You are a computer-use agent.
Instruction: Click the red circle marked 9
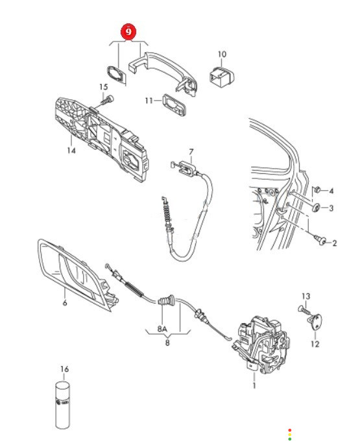[128, 32]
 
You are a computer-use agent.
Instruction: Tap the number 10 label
[222, 54]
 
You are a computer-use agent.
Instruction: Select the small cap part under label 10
[222, 75]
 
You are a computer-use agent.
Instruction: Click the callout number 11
[149, 101]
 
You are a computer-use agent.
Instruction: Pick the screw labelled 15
[108, 101]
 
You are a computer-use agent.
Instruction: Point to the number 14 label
[71, 150]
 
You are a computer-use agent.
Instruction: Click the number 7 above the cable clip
[191, 152]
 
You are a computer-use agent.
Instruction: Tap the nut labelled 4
[317, 189]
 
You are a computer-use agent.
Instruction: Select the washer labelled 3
[316, 208]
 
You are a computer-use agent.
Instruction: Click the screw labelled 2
[320, 241]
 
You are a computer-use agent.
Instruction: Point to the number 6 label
[65, 303]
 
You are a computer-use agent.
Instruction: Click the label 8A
[162, 329]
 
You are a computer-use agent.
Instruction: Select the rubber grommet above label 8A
[166, 300]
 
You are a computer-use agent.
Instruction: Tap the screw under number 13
[304, 310]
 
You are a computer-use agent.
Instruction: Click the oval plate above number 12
[315, 321]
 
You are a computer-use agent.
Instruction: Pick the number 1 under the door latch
[254, 386]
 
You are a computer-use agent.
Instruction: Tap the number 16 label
[64, 369]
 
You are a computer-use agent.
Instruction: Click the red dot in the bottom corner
[290, 430]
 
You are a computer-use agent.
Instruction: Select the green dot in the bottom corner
[290, 439]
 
